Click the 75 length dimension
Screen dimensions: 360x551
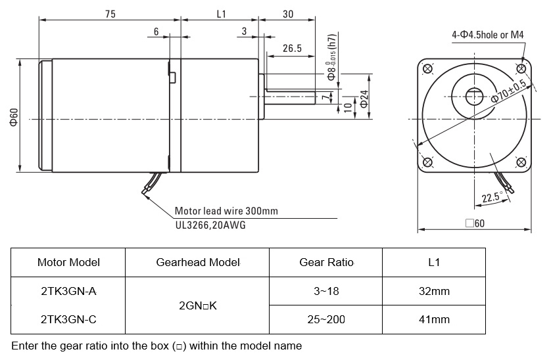pos(109,14)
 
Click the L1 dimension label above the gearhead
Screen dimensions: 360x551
pos(221,14)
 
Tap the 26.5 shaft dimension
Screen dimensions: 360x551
pos(291,48)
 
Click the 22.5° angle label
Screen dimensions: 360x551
pos(491,198)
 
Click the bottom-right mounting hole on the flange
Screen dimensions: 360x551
pos(521,162)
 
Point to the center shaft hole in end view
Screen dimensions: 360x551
pos(475,97)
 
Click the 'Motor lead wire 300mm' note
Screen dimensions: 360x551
pos(226,212)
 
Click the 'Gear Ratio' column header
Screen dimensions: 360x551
pos(326,262)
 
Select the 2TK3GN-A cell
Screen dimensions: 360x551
pos(68,290)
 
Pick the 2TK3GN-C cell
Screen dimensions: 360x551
pos(68,319)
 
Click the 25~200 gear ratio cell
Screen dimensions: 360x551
pos(326,319)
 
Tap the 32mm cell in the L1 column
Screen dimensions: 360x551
pos(434,290)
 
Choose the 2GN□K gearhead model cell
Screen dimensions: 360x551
pos(197,305)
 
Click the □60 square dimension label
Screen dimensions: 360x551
pos(474,223)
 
